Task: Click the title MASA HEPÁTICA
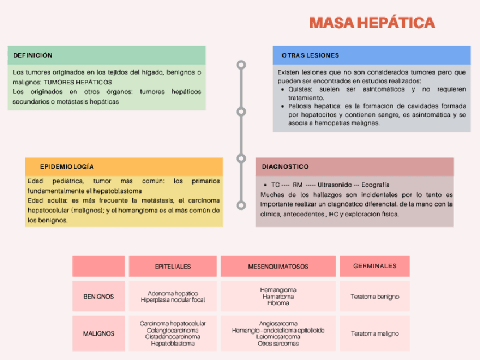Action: (x=372, y=23)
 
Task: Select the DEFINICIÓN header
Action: (x=33, y=55)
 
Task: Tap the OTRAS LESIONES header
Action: (x=310, y=55)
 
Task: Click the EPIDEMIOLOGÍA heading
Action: (x=67, y=167)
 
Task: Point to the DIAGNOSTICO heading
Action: (x=285, y=167)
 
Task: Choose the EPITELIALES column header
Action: (x=173, y=266)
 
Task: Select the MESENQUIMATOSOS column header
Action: (x=278, y=266)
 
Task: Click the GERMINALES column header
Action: (x=375, y=266)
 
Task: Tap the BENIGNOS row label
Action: (x=98, y=297)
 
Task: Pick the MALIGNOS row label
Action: (x=98, y=333)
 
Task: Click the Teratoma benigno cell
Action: (x=375, y=297)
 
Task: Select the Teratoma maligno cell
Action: (x=375, y=333)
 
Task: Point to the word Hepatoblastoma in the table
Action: (x=173, y=344)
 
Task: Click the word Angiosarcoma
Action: (x=278, y=323)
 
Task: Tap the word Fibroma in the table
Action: (x=278, y=303)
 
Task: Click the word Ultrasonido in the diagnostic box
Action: (x=333, y=185)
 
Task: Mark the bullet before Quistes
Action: (x=283, y=89)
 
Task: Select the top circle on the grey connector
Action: (x=241, y=65)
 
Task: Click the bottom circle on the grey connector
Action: (x=241, y=205)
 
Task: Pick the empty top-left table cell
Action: (x=98, y=266)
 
